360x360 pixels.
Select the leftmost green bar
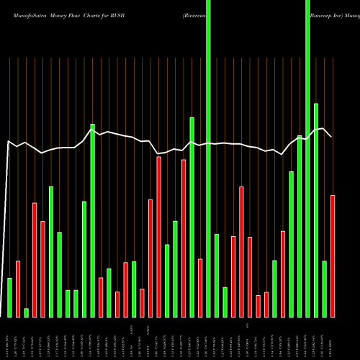click(9, 297)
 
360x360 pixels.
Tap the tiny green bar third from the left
click(26, 312)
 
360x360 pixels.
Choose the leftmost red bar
click(18, 289)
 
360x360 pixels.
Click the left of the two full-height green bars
click(208, 158)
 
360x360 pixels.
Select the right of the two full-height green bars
click(307, 158)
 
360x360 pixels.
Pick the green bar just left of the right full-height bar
click(300, 226)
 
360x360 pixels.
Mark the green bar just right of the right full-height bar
click(316, 210)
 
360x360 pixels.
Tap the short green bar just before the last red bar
click(324, 289)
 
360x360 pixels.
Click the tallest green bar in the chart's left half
click(92, 220)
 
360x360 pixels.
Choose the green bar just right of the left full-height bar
click(217, 276)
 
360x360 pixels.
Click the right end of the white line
click(331, 136)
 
